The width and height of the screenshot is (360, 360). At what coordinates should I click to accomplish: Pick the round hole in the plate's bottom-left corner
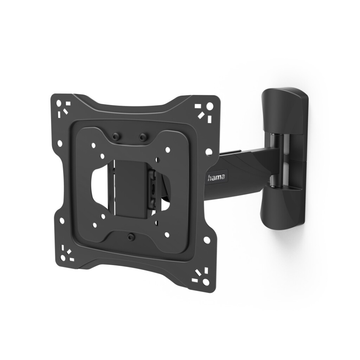click(x=63, y=258)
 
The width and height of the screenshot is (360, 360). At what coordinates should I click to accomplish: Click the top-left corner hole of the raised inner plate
click(x=93, y=144)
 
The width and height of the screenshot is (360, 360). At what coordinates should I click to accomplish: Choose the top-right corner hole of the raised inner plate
click(x=168, y=150)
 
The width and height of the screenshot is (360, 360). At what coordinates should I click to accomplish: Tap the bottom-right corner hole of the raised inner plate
click(x=167, y=234)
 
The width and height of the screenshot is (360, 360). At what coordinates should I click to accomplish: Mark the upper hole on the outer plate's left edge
click(x=59, y=143)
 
